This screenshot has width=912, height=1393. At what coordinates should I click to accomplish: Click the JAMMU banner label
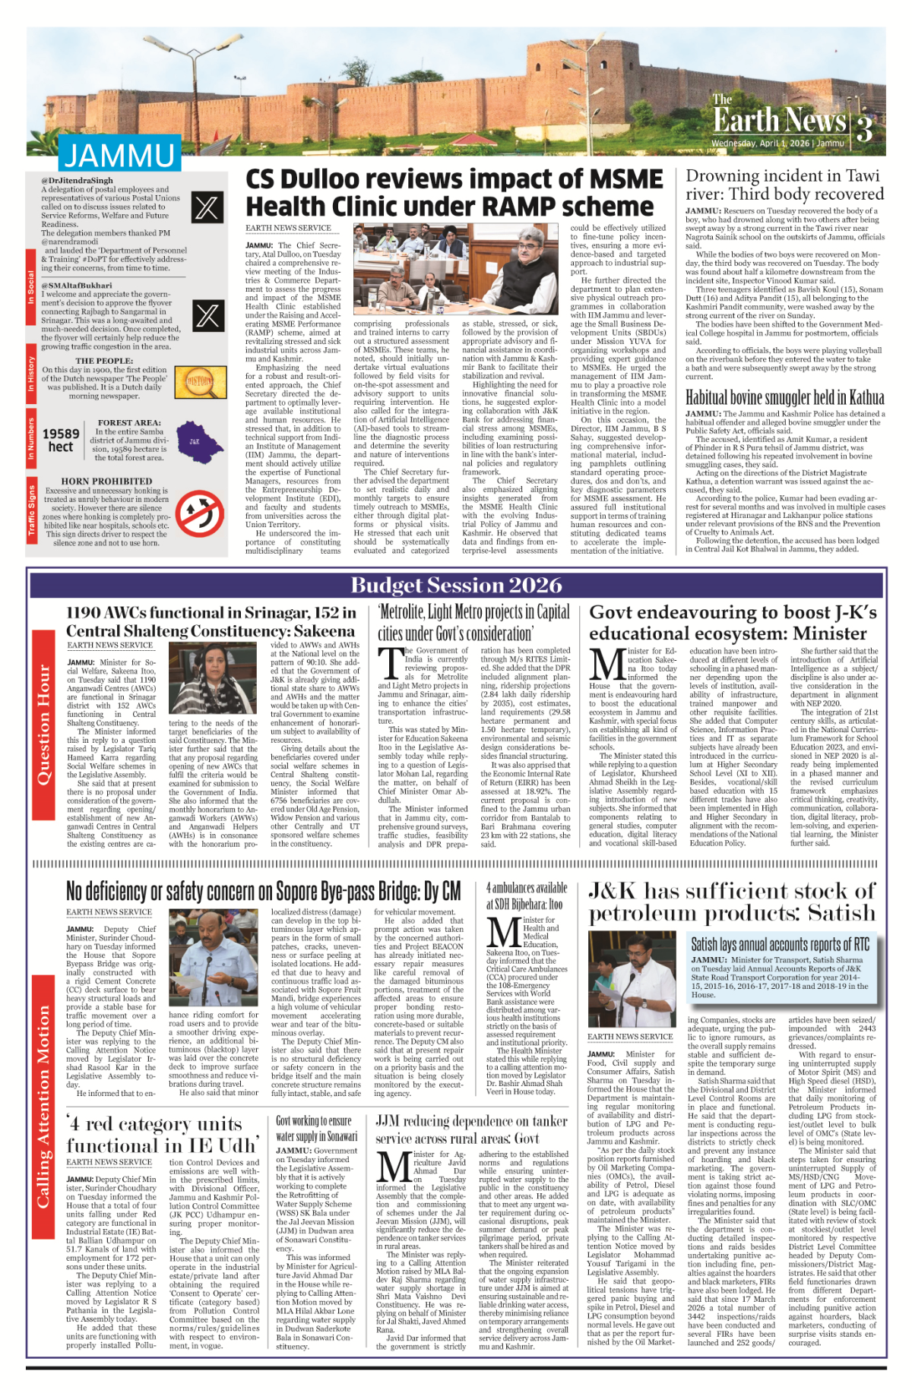click(119, 156)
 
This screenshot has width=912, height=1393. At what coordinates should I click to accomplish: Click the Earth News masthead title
click(779, 119)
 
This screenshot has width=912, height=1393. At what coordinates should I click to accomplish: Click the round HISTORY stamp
click(200, 382)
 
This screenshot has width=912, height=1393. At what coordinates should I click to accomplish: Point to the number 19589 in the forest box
click(61, 434)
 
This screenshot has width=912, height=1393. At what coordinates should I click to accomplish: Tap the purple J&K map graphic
click(195, 441)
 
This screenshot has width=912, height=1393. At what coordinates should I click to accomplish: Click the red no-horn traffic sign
click(199, 513)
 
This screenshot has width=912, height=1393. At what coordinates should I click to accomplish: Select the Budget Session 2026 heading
click(456, 585)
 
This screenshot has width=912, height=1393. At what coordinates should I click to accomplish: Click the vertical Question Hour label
click(43, 725)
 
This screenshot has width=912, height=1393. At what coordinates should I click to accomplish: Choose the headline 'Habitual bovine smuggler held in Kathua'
click(784, 397)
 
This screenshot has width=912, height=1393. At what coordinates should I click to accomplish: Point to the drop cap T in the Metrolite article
click(390, 663)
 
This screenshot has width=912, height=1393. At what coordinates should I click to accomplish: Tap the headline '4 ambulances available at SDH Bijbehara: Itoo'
click(526, 895)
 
